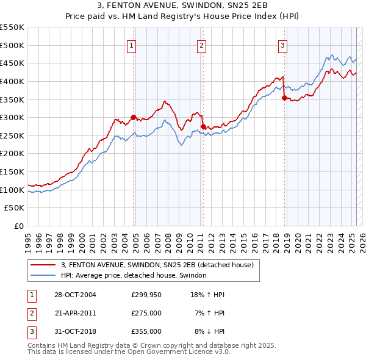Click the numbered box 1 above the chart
tap(132, 44)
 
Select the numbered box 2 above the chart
tap(201, 44)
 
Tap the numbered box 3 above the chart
tap(283, 44)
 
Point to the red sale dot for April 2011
tap(203, 126)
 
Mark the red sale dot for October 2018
tap(284, 97)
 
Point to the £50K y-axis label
tap(15, 208)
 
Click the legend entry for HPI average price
tap(134, 276)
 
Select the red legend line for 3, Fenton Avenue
tap(43, 265)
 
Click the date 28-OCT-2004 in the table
tap(75, 295)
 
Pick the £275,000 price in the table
tap(146, 313)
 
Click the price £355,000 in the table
tap(146, 331)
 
